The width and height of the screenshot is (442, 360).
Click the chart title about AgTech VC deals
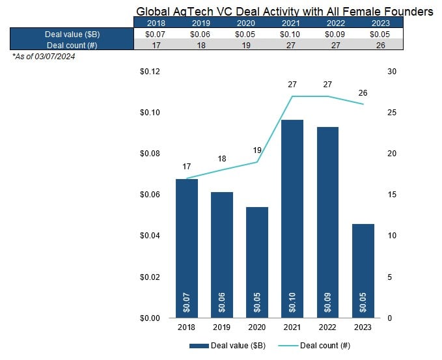[284, 12]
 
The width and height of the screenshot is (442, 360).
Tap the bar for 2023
[363, 270]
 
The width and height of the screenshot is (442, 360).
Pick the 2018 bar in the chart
[186, 248]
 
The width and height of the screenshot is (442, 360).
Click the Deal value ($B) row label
[72, 34]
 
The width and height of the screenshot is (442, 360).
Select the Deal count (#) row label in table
[72, 44]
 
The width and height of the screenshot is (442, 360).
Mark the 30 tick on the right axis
[391, 72]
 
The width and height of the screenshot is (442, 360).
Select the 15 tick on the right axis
[391, 195]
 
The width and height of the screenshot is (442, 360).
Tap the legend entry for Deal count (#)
[320, 346]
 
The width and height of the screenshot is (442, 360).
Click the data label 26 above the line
[363, 93]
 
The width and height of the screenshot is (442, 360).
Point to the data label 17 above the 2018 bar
[186, 167]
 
